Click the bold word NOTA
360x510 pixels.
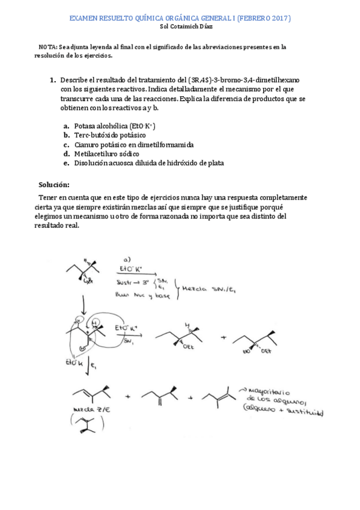tap(47, 46)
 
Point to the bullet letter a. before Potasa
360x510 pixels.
tap(66, 126)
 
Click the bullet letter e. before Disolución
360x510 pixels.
tap(66, 162)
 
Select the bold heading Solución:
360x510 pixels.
tap(54, 184)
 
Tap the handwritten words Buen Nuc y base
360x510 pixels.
tap(140, 294)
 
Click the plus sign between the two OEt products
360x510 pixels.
tap(224, 337)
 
